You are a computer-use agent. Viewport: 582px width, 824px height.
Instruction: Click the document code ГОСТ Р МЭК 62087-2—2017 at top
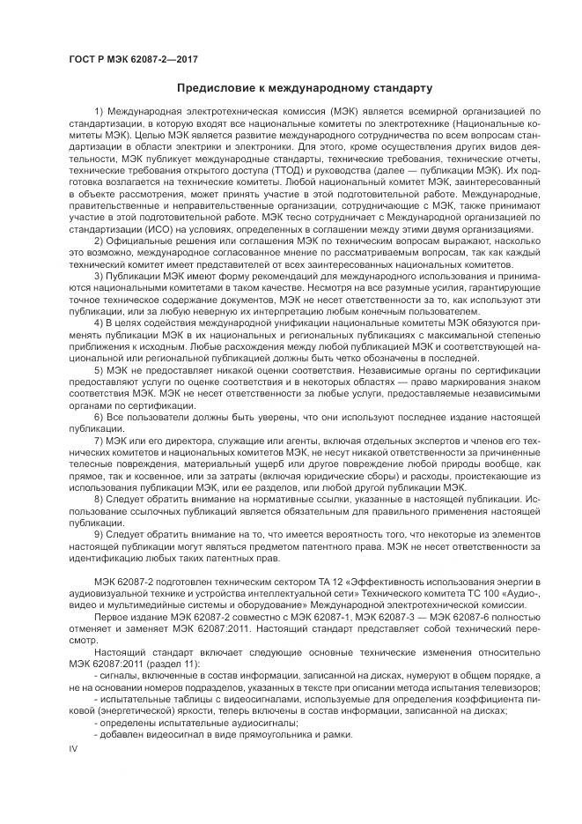[133, 60]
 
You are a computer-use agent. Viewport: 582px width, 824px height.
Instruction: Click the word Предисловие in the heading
[216, 89]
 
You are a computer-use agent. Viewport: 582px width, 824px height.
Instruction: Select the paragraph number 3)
[99, 276]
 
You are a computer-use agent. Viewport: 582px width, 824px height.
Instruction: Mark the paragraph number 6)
[99, 414]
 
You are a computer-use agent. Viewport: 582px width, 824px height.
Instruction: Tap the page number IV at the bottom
[74, 749]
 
